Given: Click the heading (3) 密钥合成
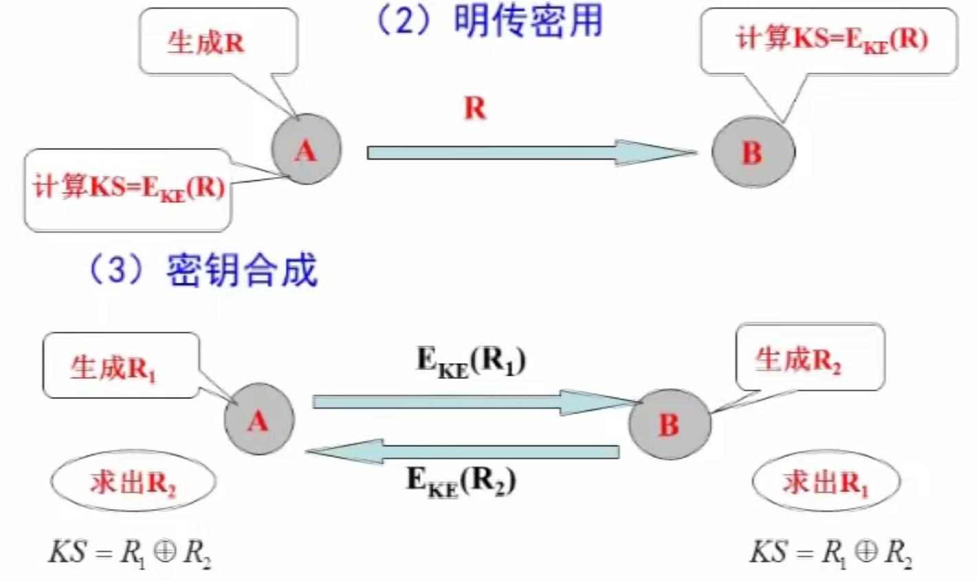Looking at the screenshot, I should tap(204, 270).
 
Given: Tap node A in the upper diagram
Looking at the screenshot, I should tap(306, 150).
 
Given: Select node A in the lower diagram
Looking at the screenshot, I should tap(259, 420).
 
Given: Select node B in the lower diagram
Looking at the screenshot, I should tap(669, 424).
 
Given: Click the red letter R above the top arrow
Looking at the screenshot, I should tap(474, 109).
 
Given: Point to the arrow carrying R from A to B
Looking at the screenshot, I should tap(529, 152).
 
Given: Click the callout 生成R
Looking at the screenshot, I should tap(206, 43).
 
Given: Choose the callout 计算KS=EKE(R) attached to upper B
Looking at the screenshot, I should tap(831, 40).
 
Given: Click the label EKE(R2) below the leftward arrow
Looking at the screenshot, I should tap(461, 479).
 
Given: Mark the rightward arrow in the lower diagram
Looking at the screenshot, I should tap(474, 401).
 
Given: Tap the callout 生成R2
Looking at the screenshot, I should tap(798, 360).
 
